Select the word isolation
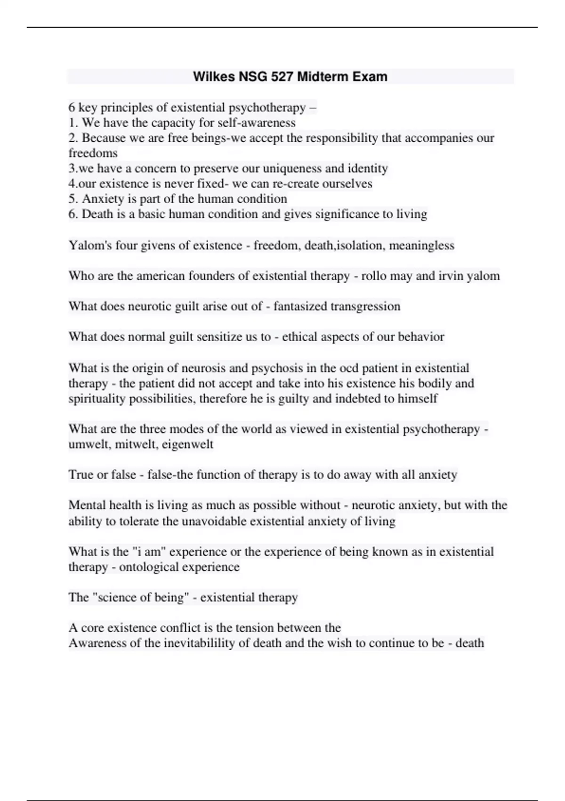point(360,245)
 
